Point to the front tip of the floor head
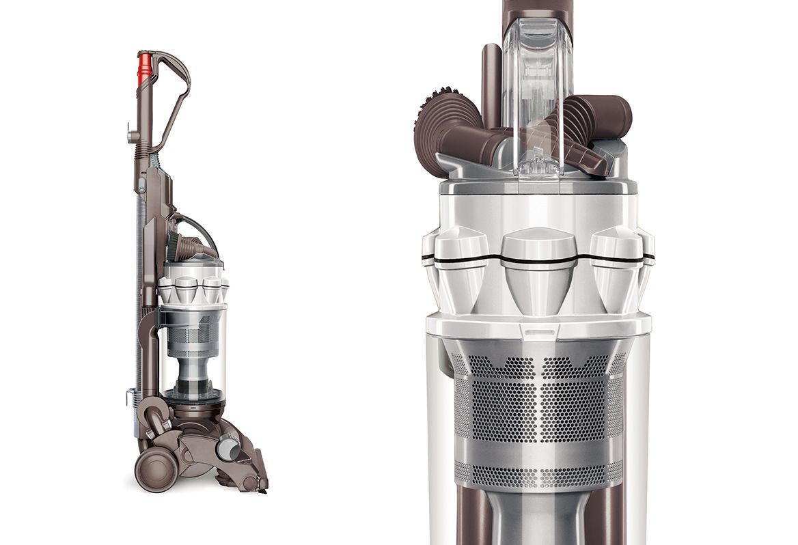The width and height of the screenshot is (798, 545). click(x=263, y=484)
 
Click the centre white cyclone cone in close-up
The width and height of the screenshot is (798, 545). click(x=538, y=270)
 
